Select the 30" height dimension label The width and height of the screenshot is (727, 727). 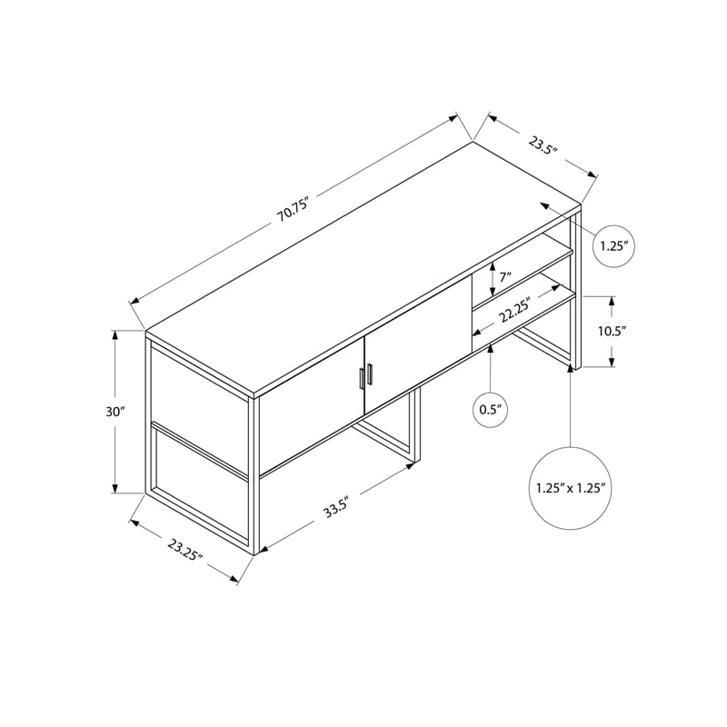click(x=115, y=412)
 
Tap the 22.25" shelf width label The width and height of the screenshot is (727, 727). click(x=515, y=311)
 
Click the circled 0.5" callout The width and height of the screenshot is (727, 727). click(x=491, y=410)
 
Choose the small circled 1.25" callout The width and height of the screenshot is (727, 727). click(x=612, y=245)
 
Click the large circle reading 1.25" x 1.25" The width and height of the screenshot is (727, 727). click(x=571, y=488)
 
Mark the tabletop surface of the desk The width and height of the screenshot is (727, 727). click(x=363, y=264)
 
